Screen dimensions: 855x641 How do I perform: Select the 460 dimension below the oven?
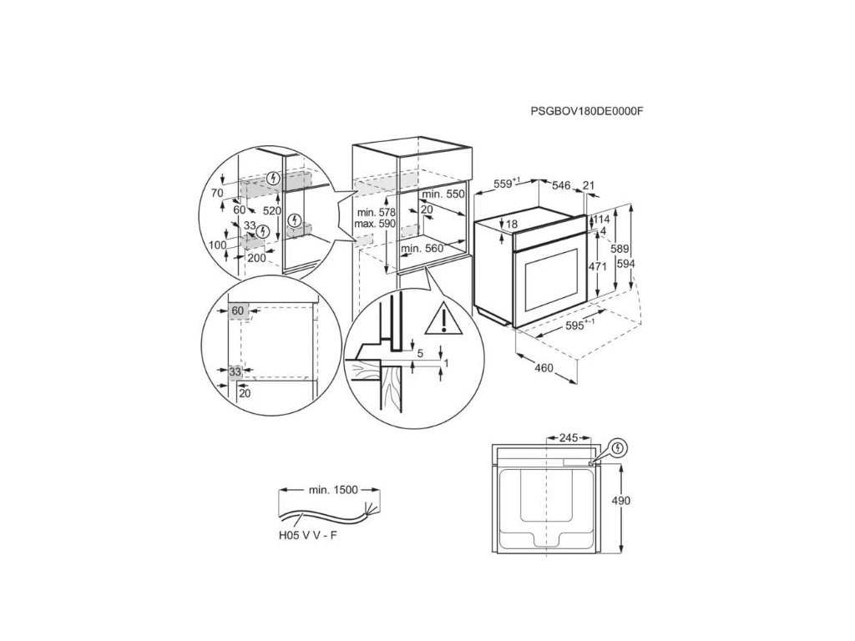[544, 368]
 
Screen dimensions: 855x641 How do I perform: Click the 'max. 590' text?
[373, 225]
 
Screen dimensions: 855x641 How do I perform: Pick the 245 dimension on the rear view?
[569, 437]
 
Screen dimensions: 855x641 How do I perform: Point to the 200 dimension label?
[255, 259]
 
